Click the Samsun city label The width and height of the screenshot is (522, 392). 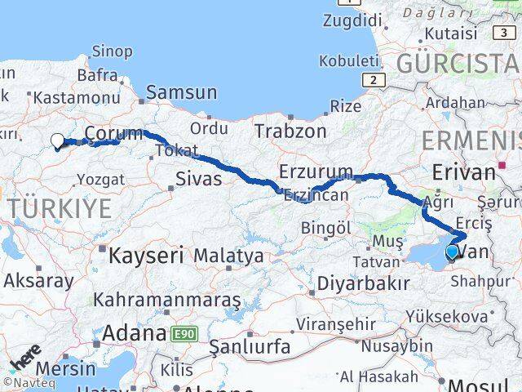(x=181, y=93)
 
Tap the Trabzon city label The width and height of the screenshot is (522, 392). (x=290, y=131)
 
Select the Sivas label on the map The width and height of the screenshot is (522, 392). (x=199, y=179)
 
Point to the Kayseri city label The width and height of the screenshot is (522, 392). (x=147, y=255)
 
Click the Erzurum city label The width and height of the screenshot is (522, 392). (x=315, y=172)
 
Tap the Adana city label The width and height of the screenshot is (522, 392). (x=135, y=333)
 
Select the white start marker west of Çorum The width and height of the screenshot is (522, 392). (x=57, y=140)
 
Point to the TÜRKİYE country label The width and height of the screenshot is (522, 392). (x=61, y=208)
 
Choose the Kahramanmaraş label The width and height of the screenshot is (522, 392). (x=167, y=300)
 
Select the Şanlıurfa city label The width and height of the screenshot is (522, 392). (x=250, y=347)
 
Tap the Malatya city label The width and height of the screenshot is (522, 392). (x=228, y=256)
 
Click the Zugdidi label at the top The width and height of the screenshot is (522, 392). (x=352, y=21)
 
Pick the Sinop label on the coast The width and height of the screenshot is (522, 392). (x=113, y=51)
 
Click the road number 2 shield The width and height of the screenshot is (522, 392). (x=374, y=79)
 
